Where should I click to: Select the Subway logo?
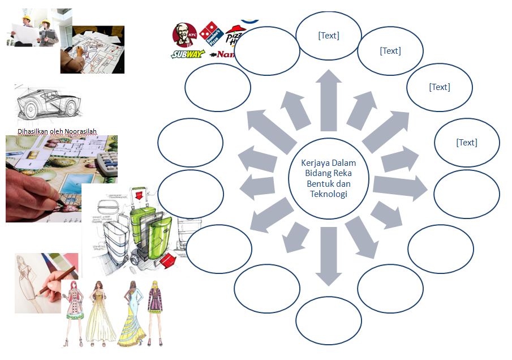(x=187, y=54)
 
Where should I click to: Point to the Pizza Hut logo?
(x=235, y=36)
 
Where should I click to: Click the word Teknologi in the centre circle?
(x=329, y=194)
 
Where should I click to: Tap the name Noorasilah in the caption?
(x=81, y=132)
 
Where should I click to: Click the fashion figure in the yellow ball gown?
(x=100, y=315)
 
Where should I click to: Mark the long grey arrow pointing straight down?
(x=328, y=255)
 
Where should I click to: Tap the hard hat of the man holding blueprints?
(x=25, y=19)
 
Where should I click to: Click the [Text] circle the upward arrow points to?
(x=329, y=36)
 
